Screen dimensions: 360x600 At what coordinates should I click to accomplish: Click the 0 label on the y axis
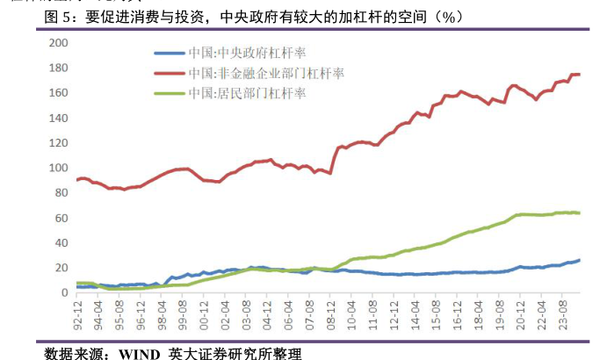pyautogui.click(x=65, y=292)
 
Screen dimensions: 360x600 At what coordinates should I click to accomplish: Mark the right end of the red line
pyautogui.click(x=579, y=75)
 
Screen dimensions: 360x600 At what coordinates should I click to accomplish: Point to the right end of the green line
pyautogui.click(x=579, y=212)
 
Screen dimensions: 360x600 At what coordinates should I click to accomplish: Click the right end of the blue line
pyautogui.click(x=579, y=260)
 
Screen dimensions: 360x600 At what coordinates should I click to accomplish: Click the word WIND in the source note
pyautogui.click(x=128, y=353)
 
